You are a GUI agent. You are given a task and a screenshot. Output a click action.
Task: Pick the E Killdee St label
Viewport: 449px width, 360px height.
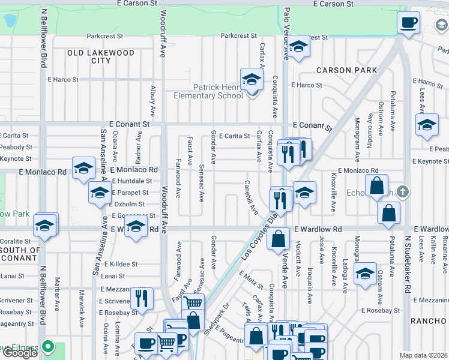click(121, 264)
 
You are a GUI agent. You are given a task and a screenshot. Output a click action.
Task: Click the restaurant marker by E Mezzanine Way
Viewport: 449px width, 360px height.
click(142, 298)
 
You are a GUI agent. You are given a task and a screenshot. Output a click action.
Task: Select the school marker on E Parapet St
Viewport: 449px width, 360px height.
click(99, 193)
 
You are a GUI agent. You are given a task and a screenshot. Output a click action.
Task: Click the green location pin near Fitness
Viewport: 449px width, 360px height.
click(48, 347)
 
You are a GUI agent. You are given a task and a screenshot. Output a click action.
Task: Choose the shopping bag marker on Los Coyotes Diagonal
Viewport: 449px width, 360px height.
click(279, 239)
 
